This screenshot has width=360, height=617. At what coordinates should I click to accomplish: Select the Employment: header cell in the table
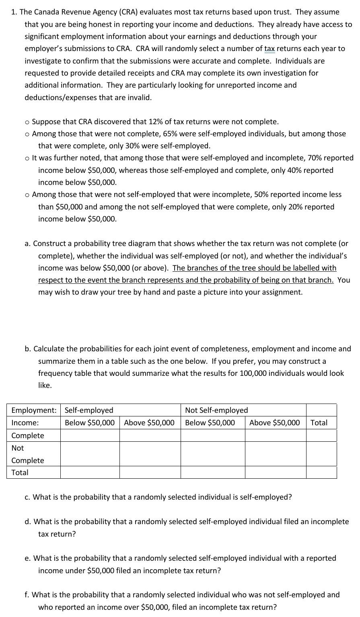click(x=34, y=410)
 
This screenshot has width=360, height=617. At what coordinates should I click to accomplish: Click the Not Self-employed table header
click(x=216, y=410)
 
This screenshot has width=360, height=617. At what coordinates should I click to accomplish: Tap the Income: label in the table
click(x=25, y=422)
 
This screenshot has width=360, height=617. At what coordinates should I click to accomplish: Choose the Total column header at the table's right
click(x=319, y=422)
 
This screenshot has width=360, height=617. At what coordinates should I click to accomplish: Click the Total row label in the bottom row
click(x=20, y=472)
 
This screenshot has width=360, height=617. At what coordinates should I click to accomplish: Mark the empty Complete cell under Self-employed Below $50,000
click(x=90, y=435)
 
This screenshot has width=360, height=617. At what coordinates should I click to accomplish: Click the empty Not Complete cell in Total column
click(x=321, y=454)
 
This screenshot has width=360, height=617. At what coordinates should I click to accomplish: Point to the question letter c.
click(x=27, y=497)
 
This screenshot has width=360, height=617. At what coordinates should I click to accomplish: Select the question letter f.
click(x=27, y=594)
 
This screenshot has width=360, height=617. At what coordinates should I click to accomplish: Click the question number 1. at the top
click(x=14, y=12)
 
